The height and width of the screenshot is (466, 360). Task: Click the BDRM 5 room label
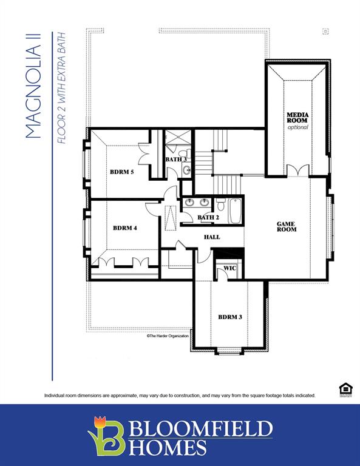click(121, 172)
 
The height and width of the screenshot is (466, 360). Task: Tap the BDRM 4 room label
click(124, 228)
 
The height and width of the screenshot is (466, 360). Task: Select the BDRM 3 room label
click(230, 317)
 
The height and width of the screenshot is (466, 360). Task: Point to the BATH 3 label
click(176, 160)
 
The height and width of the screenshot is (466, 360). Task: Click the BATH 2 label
click(208, 217)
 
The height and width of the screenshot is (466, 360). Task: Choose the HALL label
click(212, 237)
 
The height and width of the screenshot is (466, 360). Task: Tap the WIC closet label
click(229, 268)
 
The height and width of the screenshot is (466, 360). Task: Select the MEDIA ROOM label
click(297, 118)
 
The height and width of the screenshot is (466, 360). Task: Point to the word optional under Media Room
click(297, 127)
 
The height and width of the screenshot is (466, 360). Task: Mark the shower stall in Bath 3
click(178, 141)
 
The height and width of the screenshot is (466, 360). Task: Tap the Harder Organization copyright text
click(168, 336)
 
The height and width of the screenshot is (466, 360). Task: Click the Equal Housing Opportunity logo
click(345, 389)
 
